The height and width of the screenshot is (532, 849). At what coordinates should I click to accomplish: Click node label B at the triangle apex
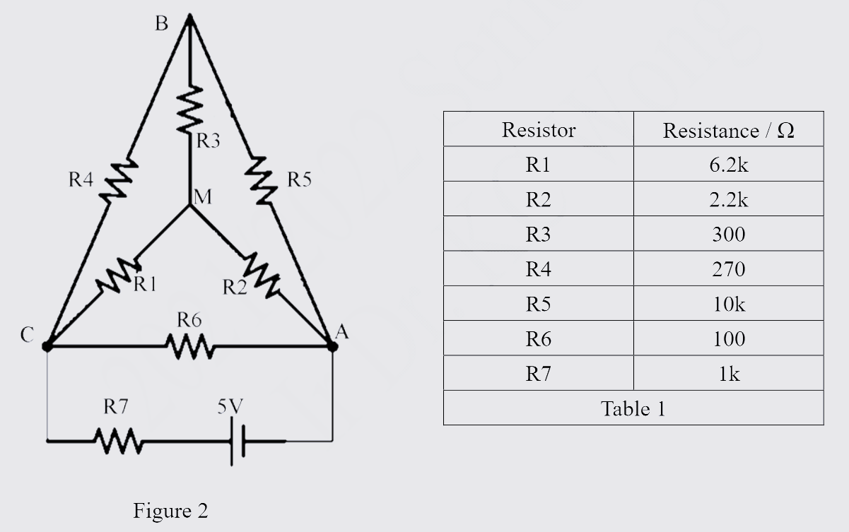(x=162, y=24)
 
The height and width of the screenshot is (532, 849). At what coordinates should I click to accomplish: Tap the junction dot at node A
(x=332, y=345)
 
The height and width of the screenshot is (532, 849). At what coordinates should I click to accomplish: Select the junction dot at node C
(x=47, y=346)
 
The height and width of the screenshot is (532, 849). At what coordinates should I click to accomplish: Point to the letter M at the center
(x=202, y=196)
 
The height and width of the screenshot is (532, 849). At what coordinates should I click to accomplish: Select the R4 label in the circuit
(x=81, y=180)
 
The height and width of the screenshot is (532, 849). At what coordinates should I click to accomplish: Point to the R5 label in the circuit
(x=300, y=180)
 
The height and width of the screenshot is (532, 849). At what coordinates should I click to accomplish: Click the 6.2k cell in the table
(x=728, y=165)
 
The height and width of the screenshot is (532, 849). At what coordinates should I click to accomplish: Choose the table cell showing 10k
(x=728, y=304)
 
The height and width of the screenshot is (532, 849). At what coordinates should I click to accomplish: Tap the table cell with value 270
(x=728, y=269)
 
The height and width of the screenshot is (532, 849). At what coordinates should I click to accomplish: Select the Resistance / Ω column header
(x=728, y=130)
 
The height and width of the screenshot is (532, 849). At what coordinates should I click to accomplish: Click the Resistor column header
(x=539, y=130)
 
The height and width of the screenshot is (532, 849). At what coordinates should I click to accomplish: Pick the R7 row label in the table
(x=539, y=373)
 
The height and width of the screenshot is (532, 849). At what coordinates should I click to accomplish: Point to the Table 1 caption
(x=633, y=408)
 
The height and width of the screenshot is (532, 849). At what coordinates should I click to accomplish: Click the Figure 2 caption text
(x=170, y=510)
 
